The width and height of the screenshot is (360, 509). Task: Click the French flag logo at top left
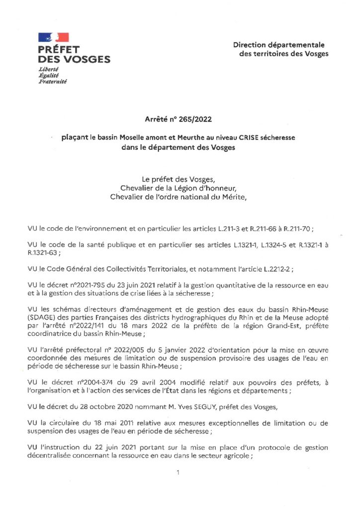(x=53, y=37)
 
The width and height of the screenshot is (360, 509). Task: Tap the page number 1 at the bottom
(x=178, y=472)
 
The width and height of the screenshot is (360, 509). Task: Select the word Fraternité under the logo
(x=53, y=81)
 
